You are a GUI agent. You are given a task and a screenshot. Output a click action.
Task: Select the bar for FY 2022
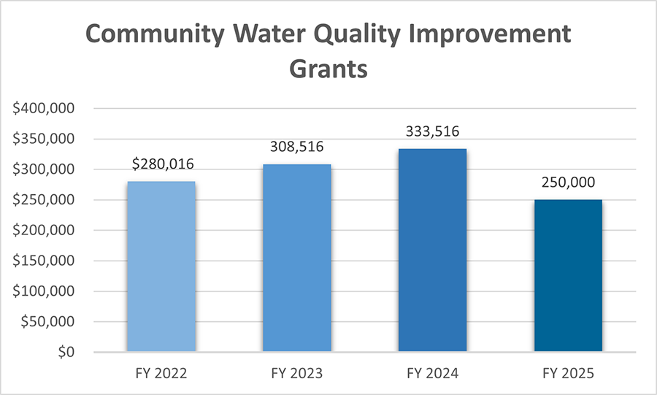(161, 266)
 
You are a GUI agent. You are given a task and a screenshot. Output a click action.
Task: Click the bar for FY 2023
(296, 258)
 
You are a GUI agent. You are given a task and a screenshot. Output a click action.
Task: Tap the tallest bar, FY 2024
(432, 250)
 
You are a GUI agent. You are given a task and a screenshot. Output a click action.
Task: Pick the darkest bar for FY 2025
(568, 276)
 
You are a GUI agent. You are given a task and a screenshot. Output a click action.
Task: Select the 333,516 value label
(432, 132)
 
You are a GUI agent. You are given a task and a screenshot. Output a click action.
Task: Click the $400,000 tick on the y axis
(45, 109)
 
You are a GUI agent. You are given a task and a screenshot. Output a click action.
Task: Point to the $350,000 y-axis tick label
(45, 139)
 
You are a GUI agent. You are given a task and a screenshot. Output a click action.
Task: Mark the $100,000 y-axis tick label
(45, 291)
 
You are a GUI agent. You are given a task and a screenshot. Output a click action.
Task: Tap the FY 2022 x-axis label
(161, 374)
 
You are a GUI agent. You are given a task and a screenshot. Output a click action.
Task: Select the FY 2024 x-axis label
(432, 374)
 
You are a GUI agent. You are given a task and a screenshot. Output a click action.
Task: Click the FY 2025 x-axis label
(568, 374)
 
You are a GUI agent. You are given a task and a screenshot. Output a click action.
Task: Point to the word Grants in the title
(328, 69)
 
